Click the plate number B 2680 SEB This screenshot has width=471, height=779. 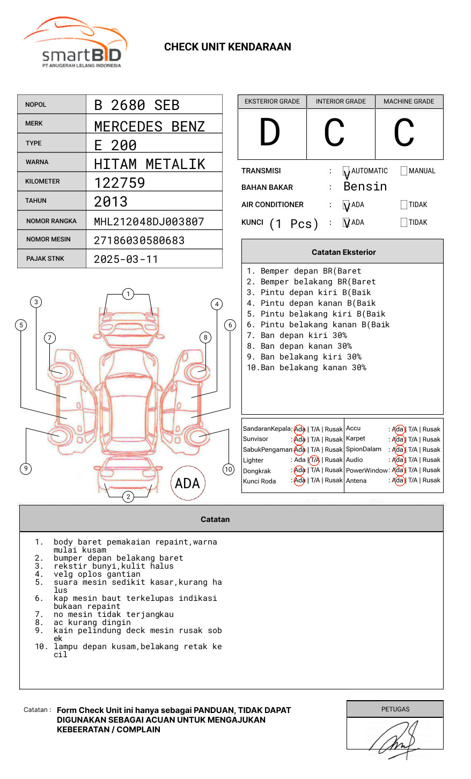pos(137,105)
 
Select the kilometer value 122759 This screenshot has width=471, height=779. pos(120,183)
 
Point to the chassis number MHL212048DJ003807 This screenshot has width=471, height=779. pos(149,222)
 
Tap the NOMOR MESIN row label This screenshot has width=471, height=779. pos(48,239)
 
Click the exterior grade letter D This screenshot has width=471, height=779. pos(270,133)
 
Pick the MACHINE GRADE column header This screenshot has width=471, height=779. pos(409,101)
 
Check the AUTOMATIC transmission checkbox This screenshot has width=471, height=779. pos(346,172)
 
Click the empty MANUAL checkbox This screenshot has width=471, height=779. pos(404,171)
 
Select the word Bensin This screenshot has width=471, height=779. pos(365,187)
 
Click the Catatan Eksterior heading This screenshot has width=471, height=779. pos(343,252)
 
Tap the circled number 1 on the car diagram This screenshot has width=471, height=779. pos(128,294)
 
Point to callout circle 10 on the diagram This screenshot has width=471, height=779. pos(229,469)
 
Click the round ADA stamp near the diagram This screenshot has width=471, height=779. pos(187,483)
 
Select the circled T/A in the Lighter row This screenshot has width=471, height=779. pos(314,460)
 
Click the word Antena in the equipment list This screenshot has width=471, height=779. pos(356,481)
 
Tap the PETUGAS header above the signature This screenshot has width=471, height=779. pos(395,709)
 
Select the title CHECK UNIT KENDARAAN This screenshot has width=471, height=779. pos(227,47)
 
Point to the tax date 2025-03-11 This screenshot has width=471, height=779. pos(126,260)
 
